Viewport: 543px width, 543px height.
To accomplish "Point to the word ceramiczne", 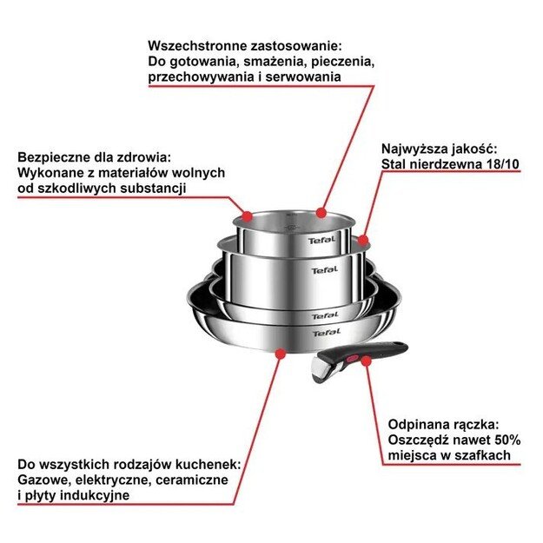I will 194,480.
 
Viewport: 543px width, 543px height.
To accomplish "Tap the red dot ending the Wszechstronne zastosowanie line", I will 321,211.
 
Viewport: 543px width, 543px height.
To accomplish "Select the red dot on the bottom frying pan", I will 280,352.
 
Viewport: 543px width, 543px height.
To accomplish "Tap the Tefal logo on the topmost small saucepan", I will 321,241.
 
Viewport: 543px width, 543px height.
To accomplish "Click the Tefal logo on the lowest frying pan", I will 326,332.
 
